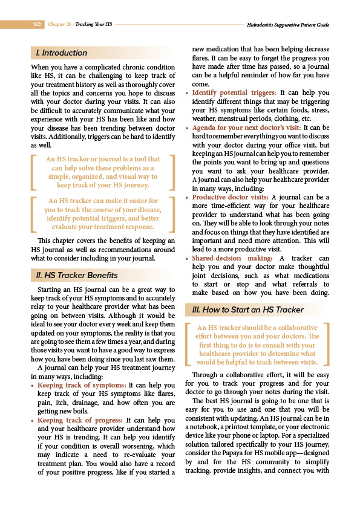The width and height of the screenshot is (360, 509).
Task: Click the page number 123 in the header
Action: [36, 25]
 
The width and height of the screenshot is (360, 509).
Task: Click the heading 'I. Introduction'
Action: [62, 53]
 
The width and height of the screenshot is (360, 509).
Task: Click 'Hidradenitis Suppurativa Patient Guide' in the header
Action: [288, 25]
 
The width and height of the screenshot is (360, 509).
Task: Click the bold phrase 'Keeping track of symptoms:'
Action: [82, 384]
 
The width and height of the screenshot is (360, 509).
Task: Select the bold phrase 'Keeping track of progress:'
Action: [80, 420]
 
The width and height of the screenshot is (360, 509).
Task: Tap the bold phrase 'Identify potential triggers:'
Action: [235, 93]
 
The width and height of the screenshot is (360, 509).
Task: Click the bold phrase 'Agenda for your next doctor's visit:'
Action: [247, 128]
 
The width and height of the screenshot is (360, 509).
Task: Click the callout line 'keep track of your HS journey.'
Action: [103, 186]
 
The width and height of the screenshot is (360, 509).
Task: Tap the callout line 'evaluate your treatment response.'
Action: [102, 227]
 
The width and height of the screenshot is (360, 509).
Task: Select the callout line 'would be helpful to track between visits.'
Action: [257, 362]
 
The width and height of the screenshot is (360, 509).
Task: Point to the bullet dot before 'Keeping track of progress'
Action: [32, 420]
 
